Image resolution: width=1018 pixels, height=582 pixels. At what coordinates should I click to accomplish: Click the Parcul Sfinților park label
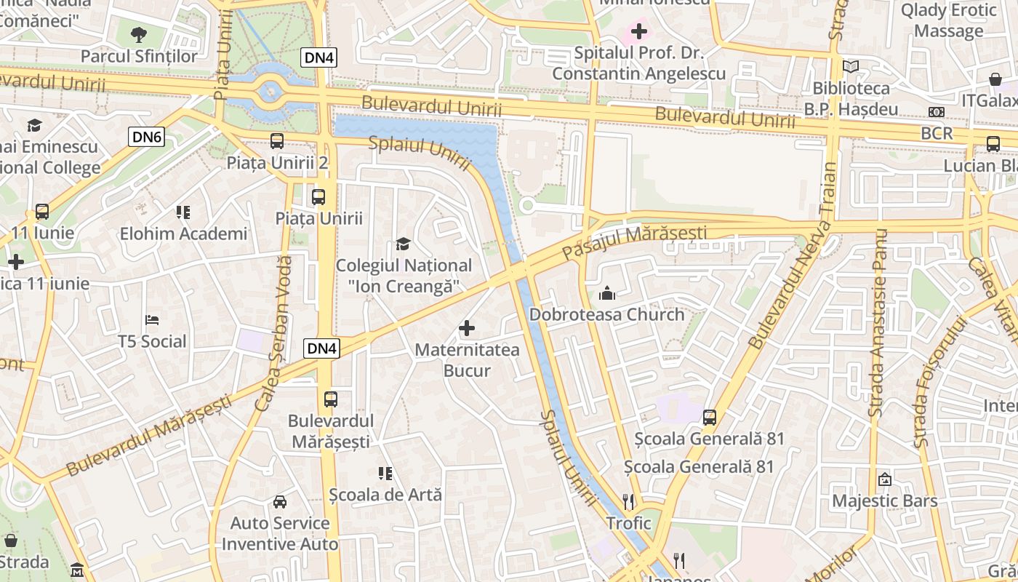click(138, 56)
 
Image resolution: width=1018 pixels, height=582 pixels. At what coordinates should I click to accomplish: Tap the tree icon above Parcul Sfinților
click(138, 33)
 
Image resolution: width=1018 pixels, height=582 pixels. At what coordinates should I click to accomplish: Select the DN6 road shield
click(148, 136)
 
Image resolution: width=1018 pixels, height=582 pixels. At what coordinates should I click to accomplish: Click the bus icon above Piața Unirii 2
click(277, 141)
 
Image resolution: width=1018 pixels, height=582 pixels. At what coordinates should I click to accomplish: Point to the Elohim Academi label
click(183, 234)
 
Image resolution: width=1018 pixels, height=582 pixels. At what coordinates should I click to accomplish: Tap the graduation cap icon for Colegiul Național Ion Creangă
click(403, 244)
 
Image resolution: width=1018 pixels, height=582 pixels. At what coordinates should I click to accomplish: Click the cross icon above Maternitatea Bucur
click(467, 329)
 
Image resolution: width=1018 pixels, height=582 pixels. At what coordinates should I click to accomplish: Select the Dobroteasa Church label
click(606, 314)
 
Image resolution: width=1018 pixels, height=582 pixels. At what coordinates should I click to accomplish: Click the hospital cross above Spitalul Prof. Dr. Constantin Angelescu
click(638, 31)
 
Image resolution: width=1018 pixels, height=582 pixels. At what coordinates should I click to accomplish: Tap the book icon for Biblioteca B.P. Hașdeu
click(850, 67)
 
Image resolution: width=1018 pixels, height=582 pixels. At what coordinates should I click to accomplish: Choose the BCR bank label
click(937, 133)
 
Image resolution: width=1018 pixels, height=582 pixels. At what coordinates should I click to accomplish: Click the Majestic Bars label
click(884, 501)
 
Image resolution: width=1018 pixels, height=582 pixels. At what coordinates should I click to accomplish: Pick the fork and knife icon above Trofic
click(629, 501)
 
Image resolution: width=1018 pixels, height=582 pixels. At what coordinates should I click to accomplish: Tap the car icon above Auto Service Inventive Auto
click(279, 502)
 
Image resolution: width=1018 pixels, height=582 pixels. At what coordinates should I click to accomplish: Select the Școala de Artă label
click(385, 495)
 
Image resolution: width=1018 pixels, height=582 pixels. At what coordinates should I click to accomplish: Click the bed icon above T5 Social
click(152, 320)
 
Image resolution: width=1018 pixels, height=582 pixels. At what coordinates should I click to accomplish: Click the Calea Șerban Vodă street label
click(273, 333)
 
